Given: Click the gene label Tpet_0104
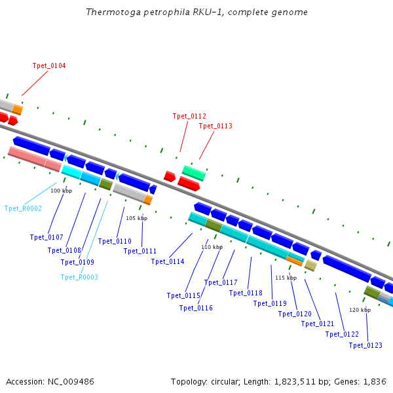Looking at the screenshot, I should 49,65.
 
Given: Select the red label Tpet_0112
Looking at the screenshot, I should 189,116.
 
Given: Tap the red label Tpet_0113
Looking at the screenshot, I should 215,126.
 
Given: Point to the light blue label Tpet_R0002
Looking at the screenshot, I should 23,208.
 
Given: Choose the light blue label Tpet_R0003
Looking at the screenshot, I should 79,277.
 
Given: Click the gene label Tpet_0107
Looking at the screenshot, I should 47,237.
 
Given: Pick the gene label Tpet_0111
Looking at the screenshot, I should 140,251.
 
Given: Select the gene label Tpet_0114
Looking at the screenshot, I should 168,261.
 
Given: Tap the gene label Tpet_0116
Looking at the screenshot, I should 196,308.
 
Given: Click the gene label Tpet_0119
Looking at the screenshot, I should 270,303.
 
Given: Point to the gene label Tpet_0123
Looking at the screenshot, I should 365,345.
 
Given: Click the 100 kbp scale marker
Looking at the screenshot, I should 61,191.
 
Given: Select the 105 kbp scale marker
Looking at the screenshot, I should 136,218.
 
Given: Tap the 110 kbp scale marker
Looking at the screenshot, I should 212,247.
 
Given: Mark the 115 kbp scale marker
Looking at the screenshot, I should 286,278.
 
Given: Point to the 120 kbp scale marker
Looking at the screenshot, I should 360,310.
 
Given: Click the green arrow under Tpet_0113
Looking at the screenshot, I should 193,173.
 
